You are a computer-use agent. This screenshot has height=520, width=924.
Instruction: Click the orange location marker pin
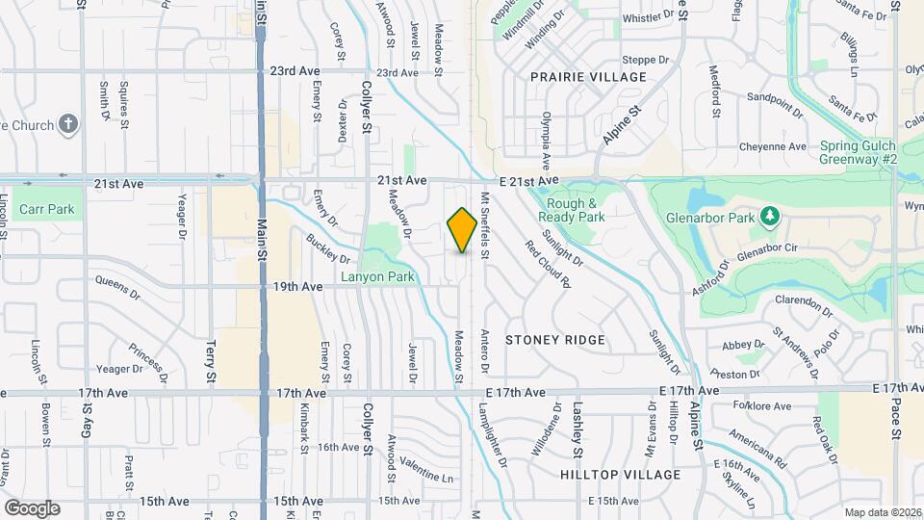[463, 229]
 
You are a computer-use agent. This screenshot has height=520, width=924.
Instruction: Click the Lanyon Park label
[377, 276]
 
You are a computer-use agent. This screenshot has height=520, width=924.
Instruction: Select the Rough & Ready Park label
[575, 210]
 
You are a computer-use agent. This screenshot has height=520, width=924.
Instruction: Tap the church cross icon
[67, 123]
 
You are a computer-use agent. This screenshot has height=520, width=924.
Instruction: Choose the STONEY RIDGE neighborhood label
[555, 340]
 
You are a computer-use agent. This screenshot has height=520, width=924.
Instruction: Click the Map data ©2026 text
[883, 512]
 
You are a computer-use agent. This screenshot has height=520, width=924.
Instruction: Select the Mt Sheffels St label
[484, 237]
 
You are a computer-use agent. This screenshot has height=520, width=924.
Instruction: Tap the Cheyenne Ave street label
[772, 147]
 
